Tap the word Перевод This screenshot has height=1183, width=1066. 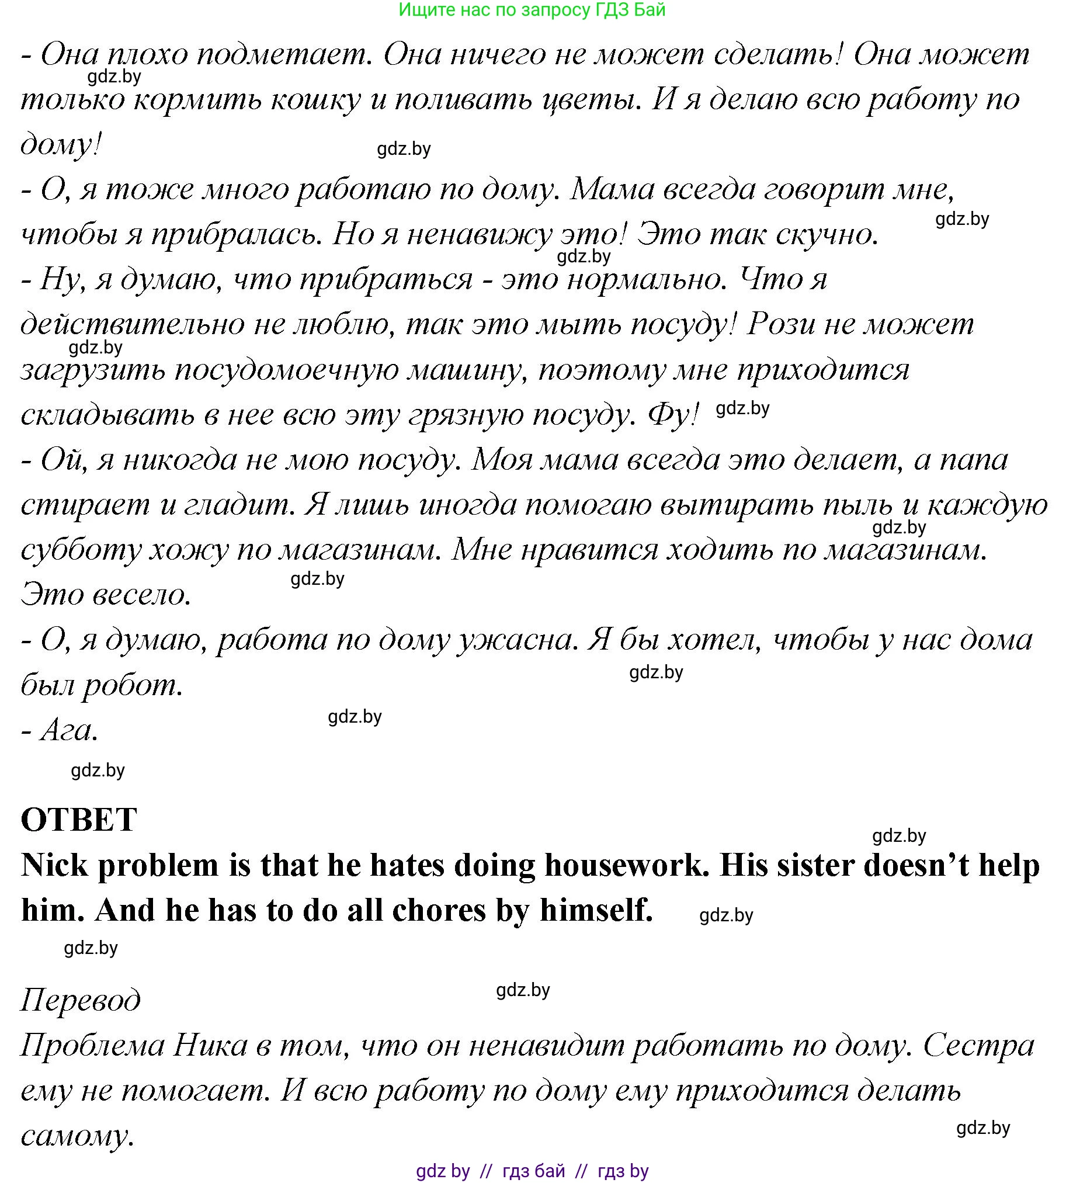(x=80, y=1000)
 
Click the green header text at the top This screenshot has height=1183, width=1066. (x=532, y=10)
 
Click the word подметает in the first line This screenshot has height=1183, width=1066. (x=284, y=54)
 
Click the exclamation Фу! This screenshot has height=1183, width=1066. (x=673, y=415)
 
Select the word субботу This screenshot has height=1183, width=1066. (x=81, y=549)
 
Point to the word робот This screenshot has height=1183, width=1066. (x=132, y=684)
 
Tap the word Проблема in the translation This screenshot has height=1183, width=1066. (x=92, y=1045)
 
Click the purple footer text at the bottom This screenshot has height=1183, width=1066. (x=532, y=1170)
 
